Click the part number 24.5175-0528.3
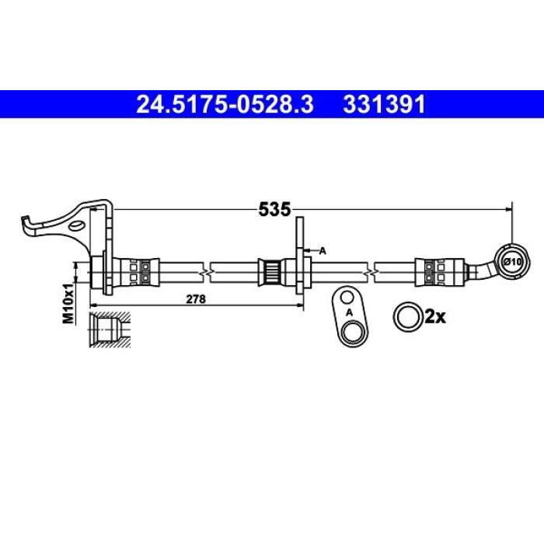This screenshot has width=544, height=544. (225, 104)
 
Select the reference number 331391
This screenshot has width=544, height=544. (384, 104)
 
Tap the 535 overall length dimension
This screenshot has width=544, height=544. (274, 210)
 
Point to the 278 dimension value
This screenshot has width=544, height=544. (196, 298)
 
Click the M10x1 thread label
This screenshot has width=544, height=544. (68, 303)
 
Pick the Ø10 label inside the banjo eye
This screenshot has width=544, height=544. (514, 262)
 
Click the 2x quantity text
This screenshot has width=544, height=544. (435, 316)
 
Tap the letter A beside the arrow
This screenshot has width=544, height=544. (323, 250)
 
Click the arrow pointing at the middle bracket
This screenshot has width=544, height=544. (310, 250)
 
